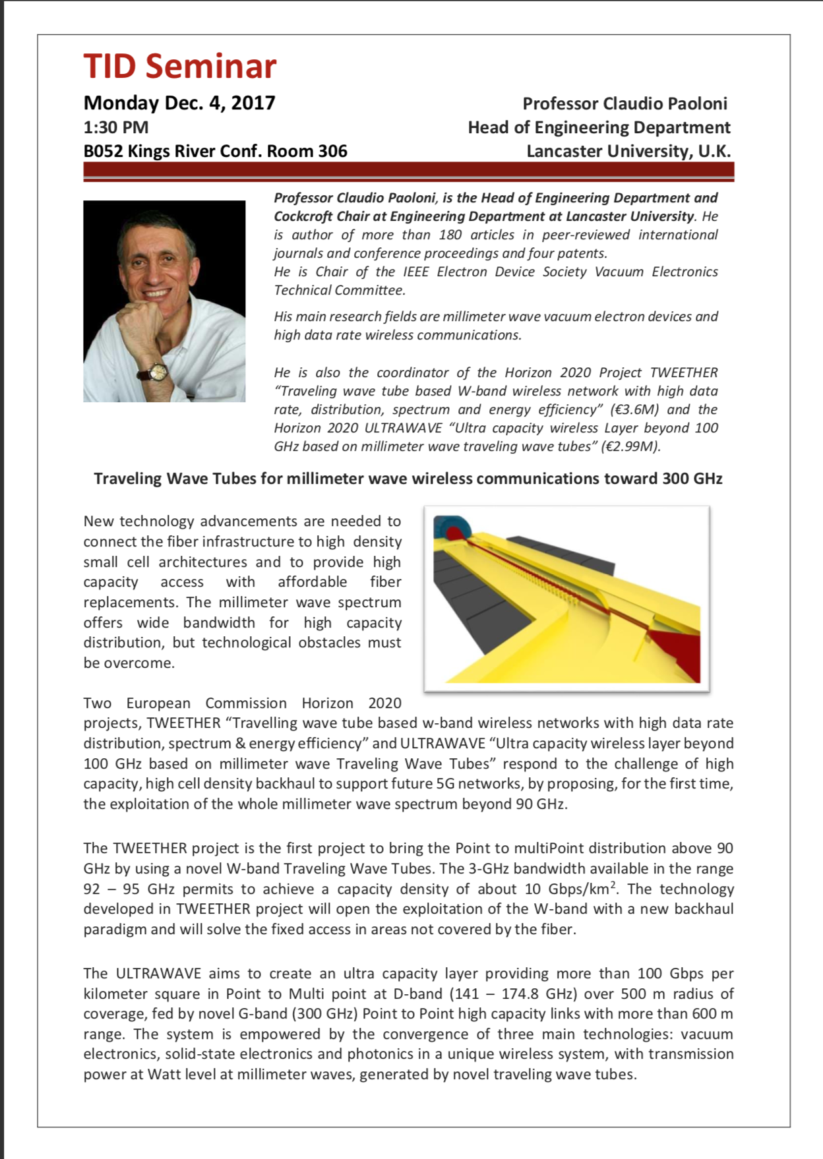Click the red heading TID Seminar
pyautogui.click(x=179, y=66)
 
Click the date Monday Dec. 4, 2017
pyautogui.click(x=179, y=103)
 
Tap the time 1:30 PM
pyautogui.click(x=115, y=127)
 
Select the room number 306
pyautogui.click(x=332, y=151)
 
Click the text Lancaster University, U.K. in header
pyautogui.click(x=628, y=151)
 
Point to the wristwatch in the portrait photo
pyautogui.click(x=158, y=372)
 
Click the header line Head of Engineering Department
pyautogui.click(x=599, y=127)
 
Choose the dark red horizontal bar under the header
pyautogui.click(x=408, y=171)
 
